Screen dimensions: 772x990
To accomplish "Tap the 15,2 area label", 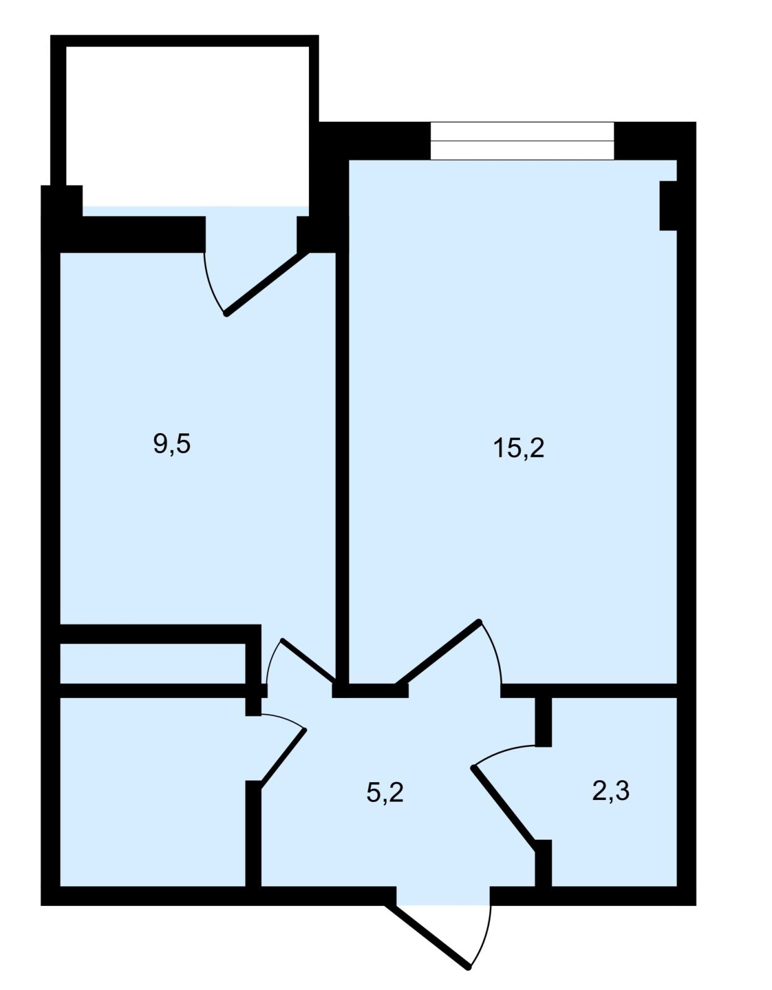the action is coord(519,449).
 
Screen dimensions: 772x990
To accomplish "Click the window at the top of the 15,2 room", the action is coord(523,141).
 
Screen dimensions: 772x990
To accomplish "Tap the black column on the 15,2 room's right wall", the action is coord(668,205).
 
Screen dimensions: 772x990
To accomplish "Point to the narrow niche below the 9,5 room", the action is coord(153,664).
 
